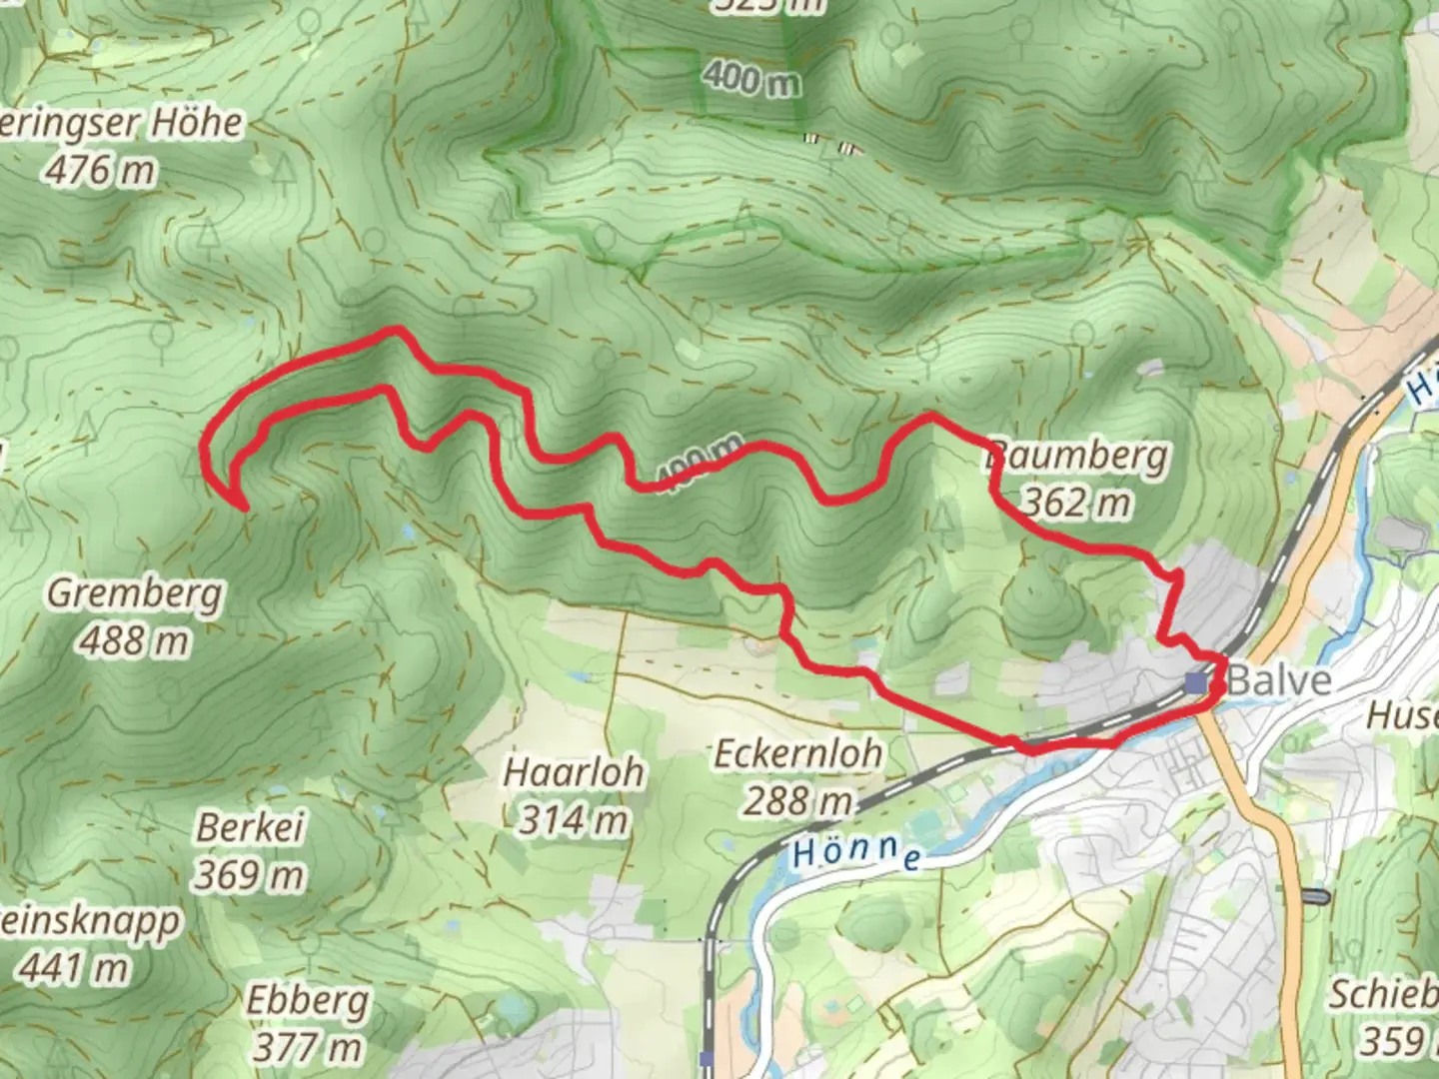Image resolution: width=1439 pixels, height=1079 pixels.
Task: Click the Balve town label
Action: (1279, 681)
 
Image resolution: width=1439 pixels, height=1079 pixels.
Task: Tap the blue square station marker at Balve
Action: (1196, 682)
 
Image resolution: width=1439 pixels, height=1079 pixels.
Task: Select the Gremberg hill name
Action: (135, 593)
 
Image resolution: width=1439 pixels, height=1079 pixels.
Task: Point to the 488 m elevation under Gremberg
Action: (135, 640)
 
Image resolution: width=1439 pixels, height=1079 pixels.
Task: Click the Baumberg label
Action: (1077, 456)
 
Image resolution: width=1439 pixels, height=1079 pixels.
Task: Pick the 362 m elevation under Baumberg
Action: (1077, 503)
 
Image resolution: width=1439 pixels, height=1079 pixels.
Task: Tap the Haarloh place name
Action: (574, 772)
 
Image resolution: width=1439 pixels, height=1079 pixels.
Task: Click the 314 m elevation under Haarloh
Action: (574, 820)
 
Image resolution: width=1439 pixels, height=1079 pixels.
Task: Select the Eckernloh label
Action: (797, 753)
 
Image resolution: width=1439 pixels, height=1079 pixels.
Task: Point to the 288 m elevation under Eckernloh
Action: (797, 800)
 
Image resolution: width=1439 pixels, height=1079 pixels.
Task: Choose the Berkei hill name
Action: (250, 827)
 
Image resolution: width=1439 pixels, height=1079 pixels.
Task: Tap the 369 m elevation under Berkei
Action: (250, 875)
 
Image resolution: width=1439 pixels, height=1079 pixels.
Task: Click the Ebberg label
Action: (308, 1000)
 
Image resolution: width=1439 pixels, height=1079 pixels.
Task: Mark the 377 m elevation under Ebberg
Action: (308, 1047)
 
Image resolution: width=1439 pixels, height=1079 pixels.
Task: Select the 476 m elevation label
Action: (100, 171)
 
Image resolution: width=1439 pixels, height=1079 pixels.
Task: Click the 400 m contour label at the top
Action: (750, 78)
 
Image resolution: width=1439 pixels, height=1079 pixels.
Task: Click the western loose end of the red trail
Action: (243, 508)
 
